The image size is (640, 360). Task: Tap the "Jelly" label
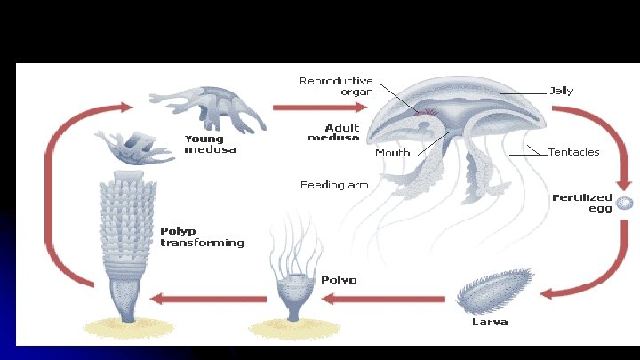pos(562,91)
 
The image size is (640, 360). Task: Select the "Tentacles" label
pos(573,152)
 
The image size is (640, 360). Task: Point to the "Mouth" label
pos(392,153)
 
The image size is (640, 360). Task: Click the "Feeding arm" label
pos(333,186)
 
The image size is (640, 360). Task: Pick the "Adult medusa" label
pos(333,132)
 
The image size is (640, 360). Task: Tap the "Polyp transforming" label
pos(202,236)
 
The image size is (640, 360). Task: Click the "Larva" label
pos(490,322)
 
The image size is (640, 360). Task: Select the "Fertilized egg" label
pos(583,202)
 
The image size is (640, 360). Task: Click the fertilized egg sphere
pos(626,204)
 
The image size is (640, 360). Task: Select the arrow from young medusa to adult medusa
pos(320,108)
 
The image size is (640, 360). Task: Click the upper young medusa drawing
pos(211,104)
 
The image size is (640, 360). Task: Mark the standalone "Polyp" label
pos(340,280)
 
